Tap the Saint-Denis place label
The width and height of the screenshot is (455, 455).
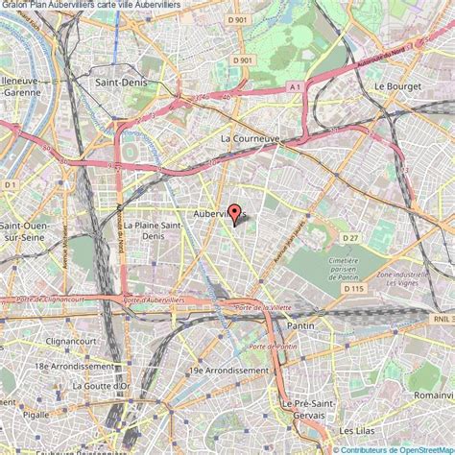[118, 84]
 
